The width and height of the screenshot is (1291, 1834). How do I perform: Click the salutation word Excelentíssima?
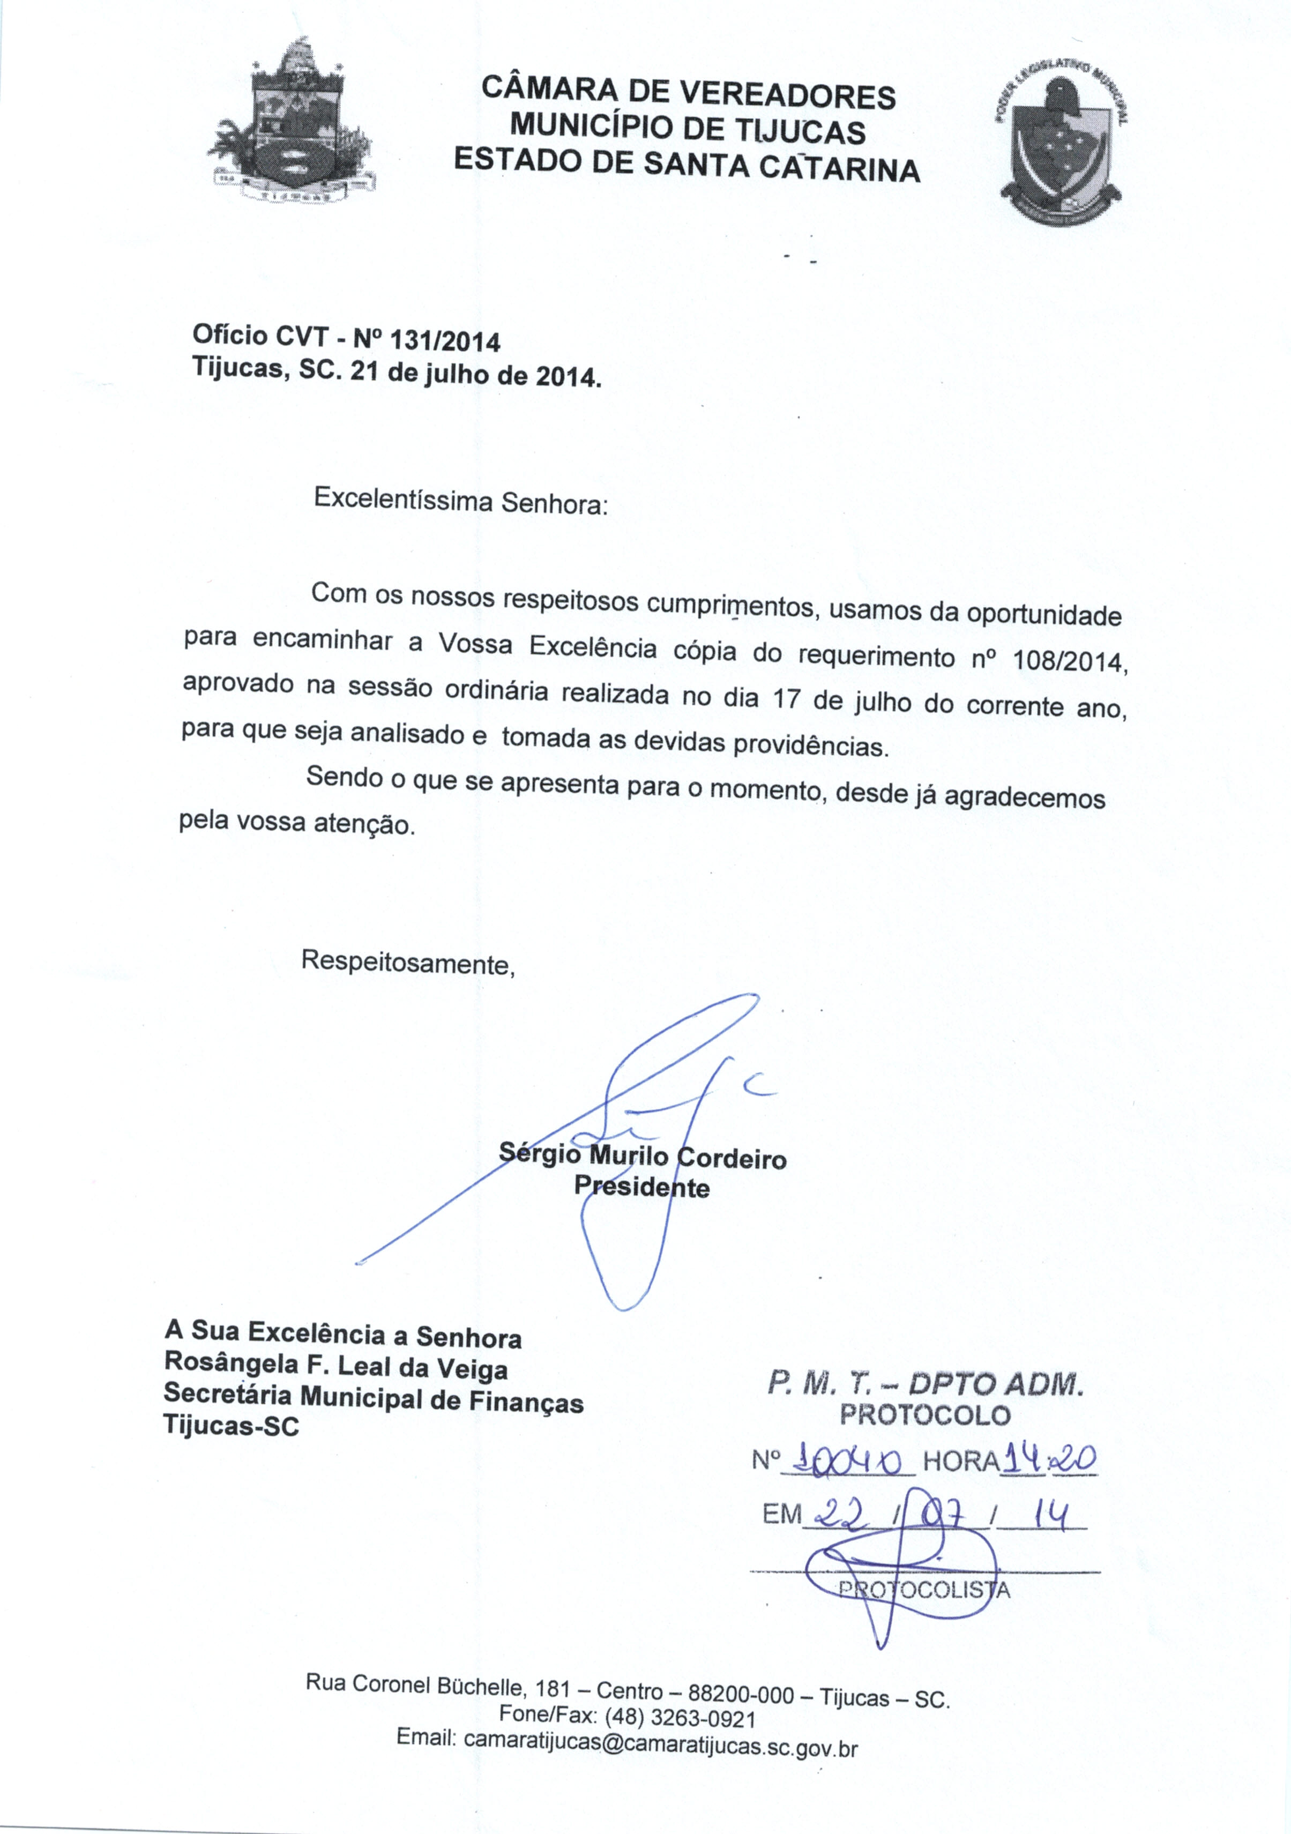(402, 500)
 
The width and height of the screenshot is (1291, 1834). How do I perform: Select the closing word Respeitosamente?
(407, 963)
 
